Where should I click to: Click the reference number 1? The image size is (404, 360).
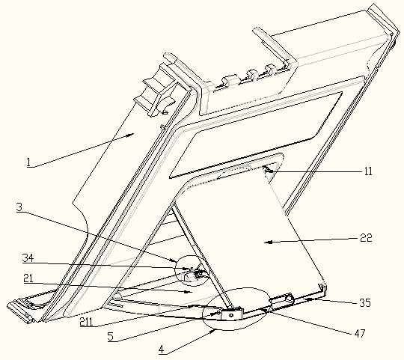tap(28, 162)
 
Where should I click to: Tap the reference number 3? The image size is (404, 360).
tap(19, 207)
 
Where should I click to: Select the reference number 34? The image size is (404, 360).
tap(28, 258)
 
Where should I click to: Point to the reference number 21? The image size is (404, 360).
tap(28, 278)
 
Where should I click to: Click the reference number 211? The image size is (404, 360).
tap(86, 322)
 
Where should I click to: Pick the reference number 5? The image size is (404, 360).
tap(111, 337)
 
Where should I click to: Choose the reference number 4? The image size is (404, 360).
tap(162, 350)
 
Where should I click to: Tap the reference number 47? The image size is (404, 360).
tap(360, 334)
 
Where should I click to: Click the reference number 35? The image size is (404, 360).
tap(365, 303)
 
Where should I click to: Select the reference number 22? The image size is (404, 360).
tap(366, 238)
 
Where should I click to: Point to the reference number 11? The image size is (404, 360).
tap(368, 171)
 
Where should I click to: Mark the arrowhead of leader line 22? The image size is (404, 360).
tap(269, 242)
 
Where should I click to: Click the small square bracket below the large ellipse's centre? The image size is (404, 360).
tap(232, 314)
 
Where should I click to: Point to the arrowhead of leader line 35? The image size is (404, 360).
tap(308, 299)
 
